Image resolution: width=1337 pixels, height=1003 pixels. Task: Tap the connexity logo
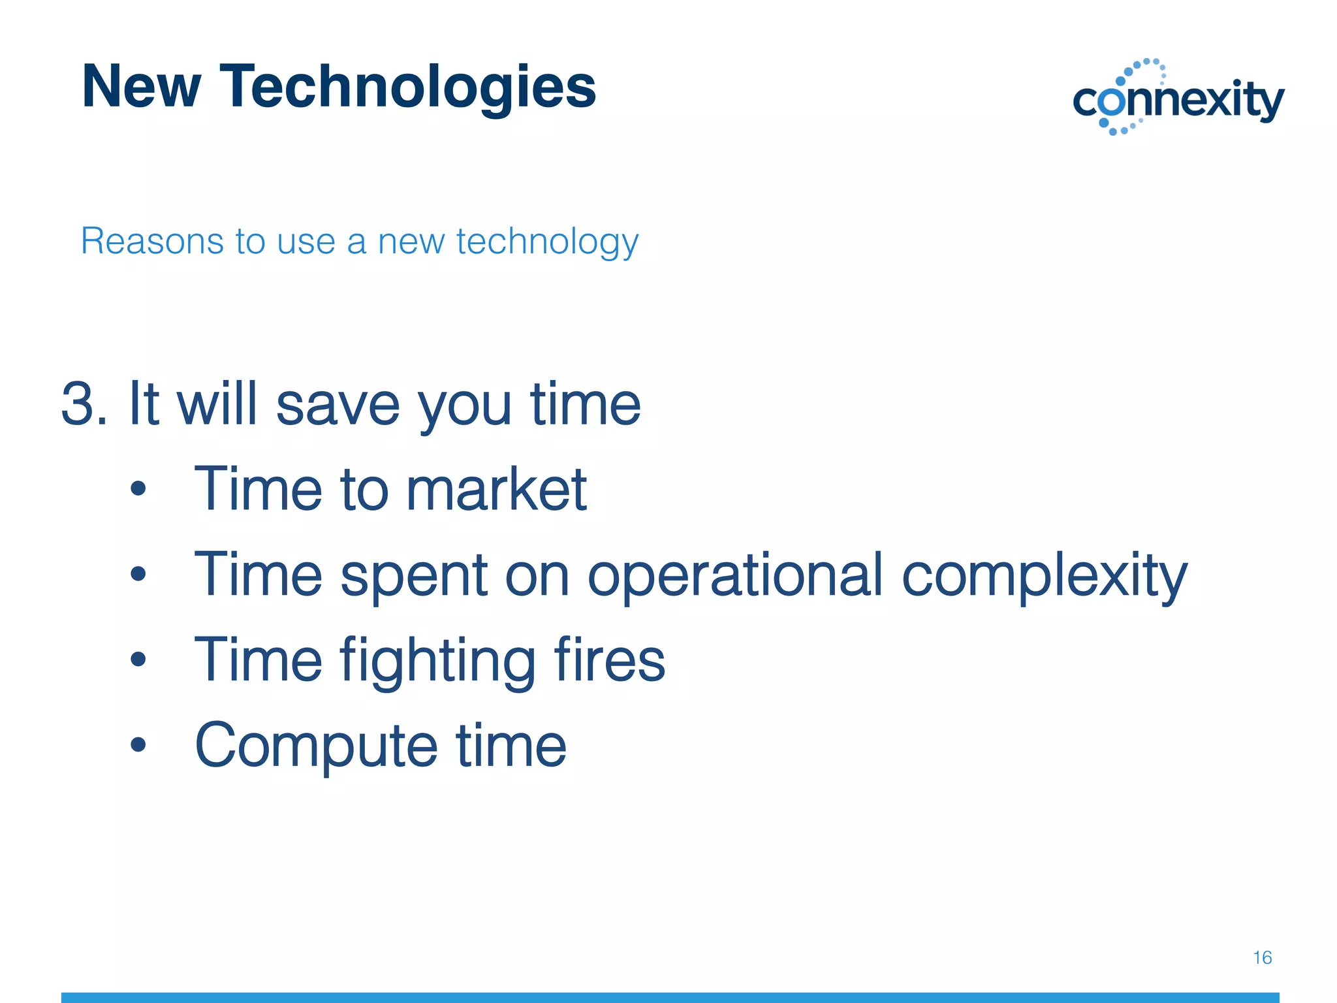1178,98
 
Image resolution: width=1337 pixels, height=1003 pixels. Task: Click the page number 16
1262,957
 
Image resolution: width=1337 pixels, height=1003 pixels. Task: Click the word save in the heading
338,404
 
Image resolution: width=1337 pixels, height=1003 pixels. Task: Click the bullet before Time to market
138,488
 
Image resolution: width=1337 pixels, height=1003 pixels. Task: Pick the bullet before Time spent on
138,574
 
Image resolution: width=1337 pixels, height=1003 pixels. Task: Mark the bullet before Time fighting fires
138,659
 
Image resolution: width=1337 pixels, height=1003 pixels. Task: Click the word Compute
316,746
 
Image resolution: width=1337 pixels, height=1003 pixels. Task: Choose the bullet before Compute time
138,744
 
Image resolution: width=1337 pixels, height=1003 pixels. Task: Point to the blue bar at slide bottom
670,997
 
